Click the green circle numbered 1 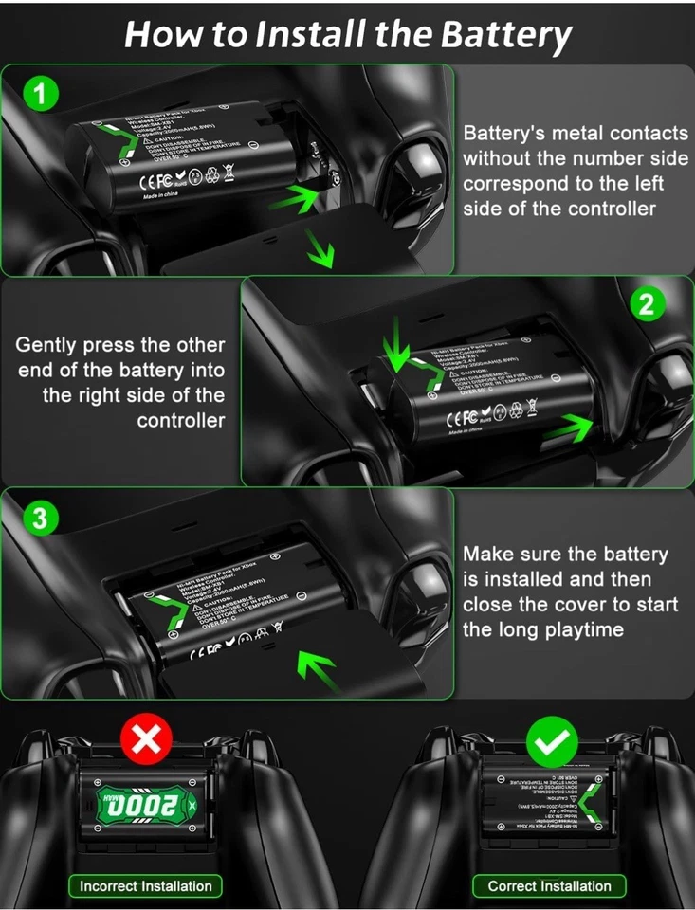(39, 93)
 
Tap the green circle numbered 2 (647, 304)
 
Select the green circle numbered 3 (39, 518)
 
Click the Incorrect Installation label (145, 886)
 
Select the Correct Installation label (549, 886)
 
